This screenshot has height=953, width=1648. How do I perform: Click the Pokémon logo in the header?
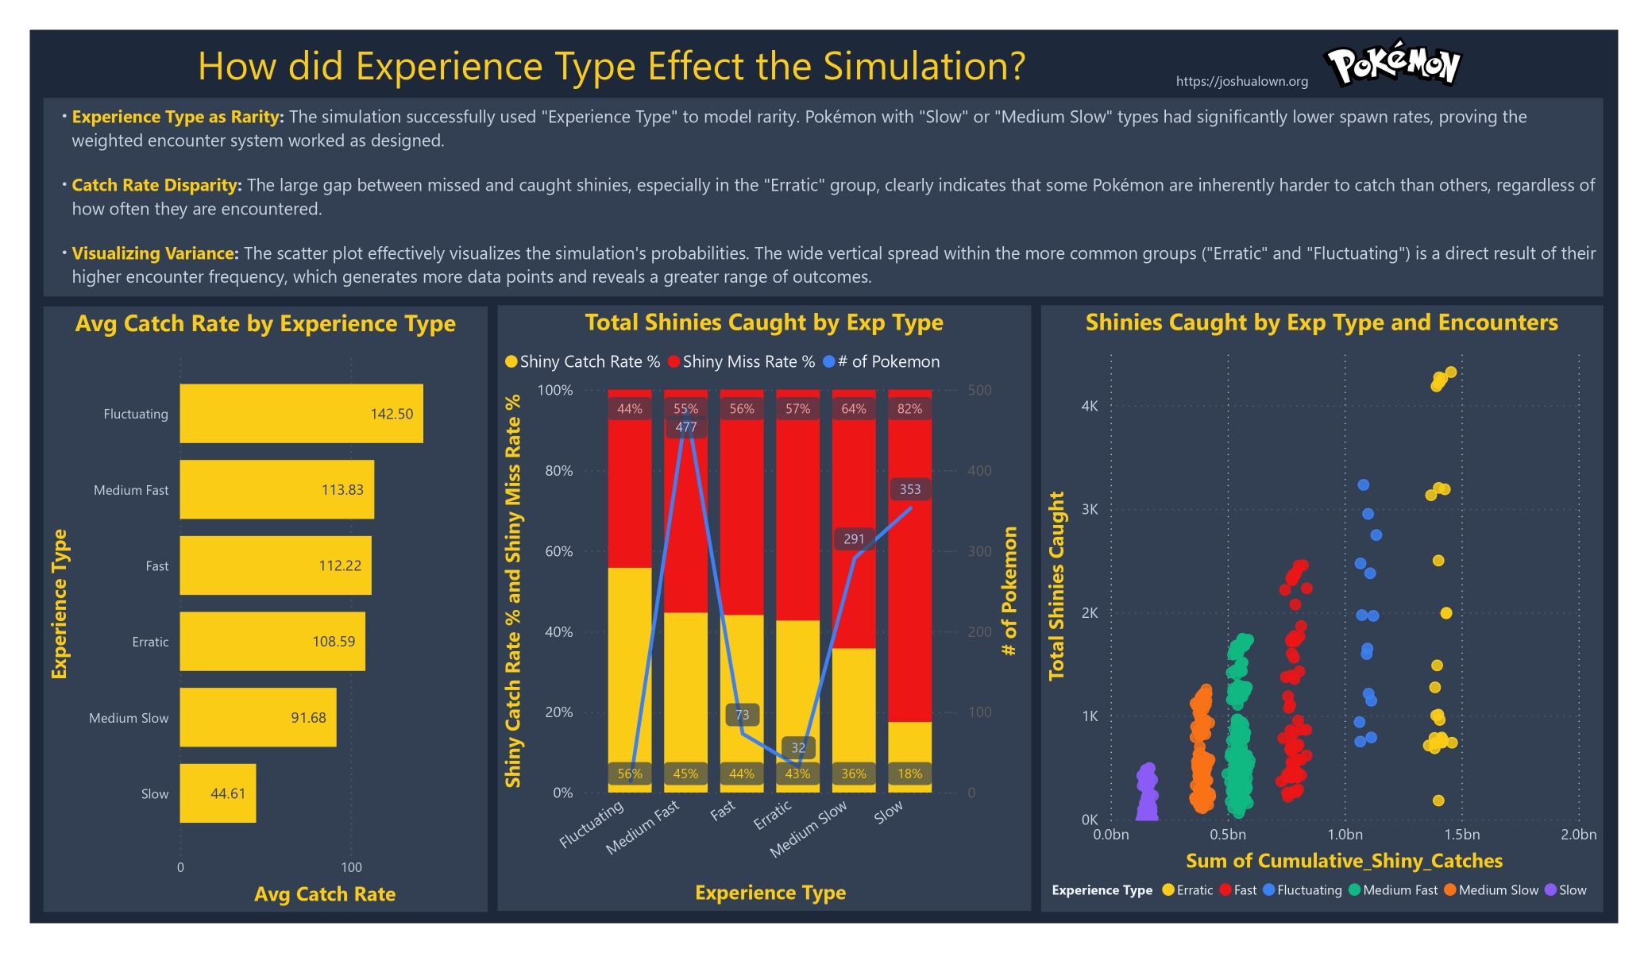point(1393,64)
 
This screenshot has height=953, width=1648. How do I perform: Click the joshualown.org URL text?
point(1241,81)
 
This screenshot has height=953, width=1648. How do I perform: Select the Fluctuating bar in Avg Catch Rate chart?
point(301,414)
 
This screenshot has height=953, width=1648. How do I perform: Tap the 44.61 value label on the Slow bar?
point(228,793)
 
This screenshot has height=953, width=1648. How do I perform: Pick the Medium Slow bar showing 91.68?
point(257,717)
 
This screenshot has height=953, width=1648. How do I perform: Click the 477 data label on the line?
point(686,427)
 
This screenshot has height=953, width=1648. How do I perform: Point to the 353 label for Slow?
point(910,489)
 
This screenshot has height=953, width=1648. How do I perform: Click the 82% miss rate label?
point(910,409)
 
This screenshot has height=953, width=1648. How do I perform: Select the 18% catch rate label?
point(910,774)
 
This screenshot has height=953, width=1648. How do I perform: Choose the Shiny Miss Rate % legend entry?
point(743,362)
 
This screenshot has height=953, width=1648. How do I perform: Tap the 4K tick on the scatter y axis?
point(1090,406)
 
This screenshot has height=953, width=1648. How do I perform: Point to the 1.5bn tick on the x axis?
point(1461,835)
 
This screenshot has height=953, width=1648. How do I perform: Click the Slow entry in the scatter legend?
point(1566,890)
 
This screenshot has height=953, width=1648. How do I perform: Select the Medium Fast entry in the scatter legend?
point(1394,890)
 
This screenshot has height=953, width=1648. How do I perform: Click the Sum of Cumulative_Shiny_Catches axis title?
point(1344,861)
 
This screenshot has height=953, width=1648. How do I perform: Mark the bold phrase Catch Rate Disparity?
point(156,185)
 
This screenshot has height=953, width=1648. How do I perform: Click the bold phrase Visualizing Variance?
point(154,253)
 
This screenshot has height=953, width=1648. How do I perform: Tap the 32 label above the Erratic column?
point(798,747)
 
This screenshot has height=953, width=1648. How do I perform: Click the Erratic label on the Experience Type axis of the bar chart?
point(150,642)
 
